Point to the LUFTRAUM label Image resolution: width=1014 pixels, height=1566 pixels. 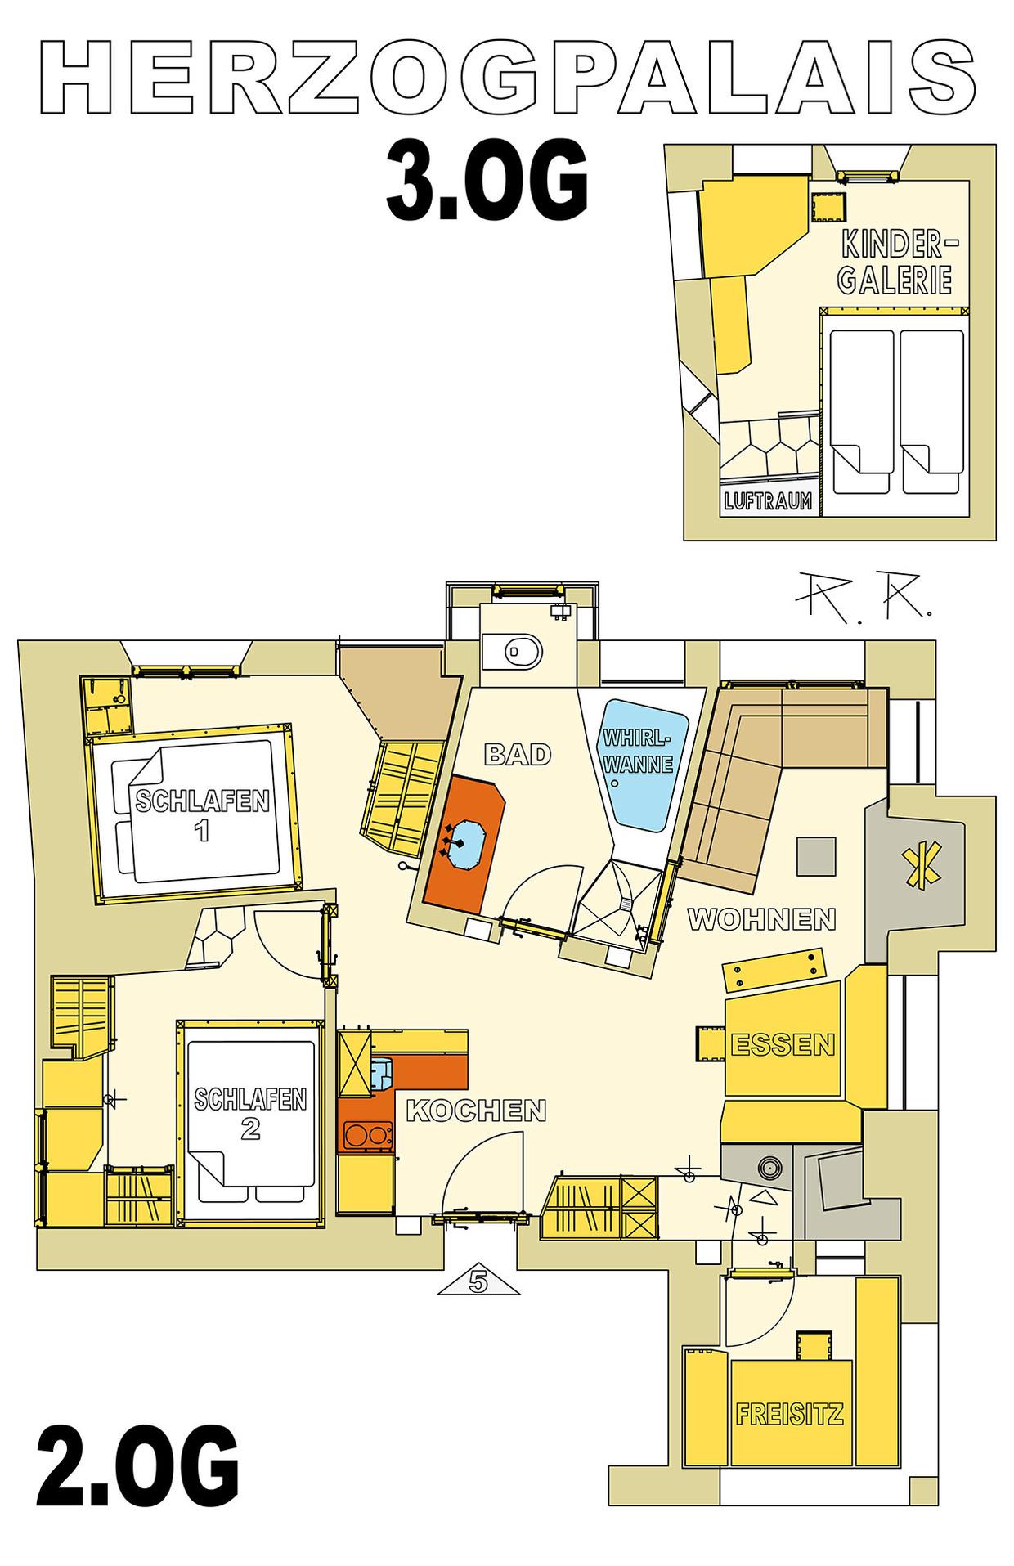769,500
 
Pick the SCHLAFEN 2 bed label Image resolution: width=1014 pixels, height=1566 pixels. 250,1112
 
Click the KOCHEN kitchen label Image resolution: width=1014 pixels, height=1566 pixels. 476,1110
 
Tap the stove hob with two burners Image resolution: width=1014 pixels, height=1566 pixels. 363,1136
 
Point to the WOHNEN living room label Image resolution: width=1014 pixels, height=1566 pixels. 761,919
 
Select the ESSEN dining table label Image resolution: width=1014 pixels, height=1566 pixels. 783,1044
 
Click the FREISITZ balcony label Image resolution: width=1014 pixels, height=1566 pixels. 790,1413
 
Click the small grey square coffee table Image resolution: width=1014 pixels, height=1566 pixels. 817,857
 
